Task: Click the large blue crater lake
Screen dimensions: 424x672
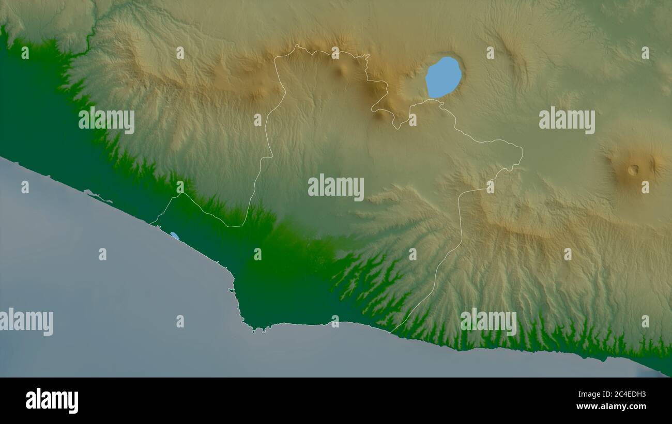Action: pos(443,77)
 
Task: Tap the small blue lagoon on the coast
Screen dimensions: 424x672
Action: pos(175,235)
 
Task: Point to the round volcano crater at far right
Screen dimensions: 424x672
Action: pos(633,169)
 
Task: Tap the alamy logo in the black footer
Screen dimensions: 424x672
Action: pos(52,401)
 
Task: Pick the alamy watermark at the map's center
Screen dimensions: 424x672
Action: pos(336,187)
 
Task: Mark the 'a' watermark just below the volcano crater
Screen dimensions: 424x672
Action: pos(645,186)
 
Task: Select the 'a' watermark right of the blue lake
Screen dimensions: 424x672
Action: pos(490,52)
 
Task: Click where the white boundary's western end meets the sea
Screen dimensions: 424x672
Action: pos(151,224)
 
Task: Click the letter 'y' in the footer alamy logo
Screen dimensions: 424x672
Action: pos(73,403)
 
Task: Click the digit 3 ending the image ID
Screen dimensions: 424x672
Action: pos(643,395)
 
